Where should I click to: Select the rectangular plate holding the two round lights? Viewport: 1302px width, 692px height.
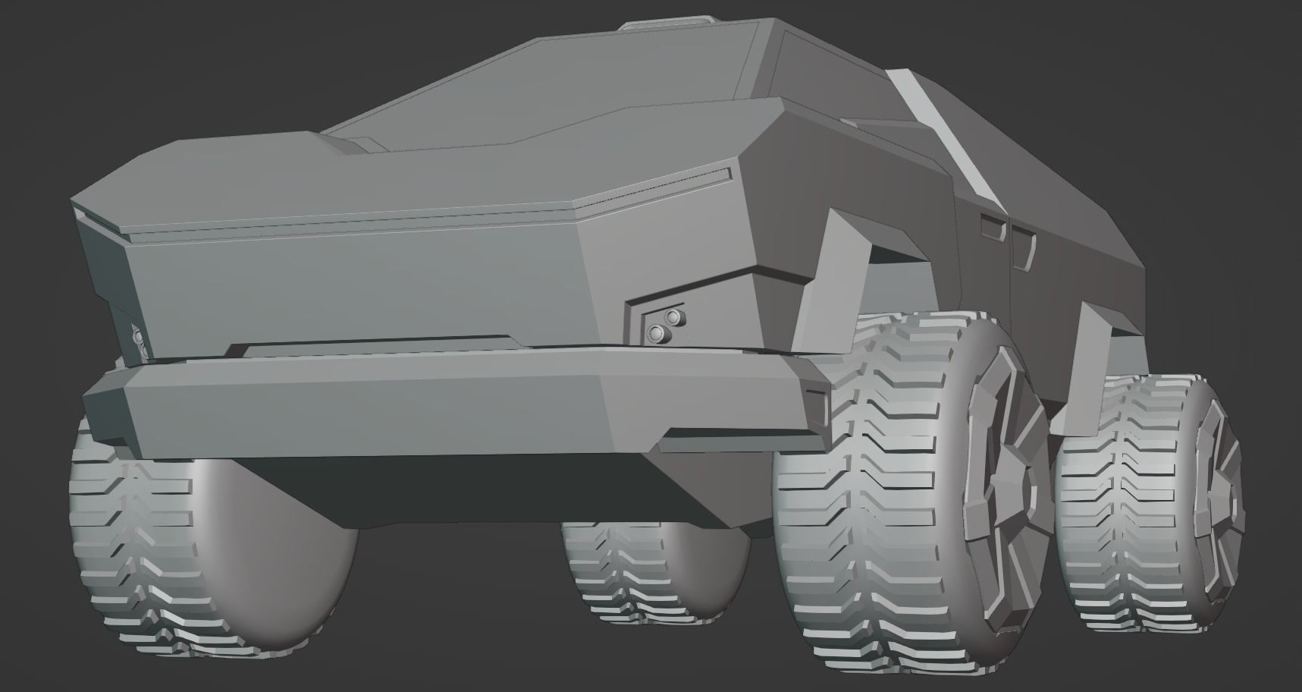657,323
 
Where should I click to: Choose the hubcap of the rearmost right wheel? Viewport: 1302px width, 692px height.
1217,501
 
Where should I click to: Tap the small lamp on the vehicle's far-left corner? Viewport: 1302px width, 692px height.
138,338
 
